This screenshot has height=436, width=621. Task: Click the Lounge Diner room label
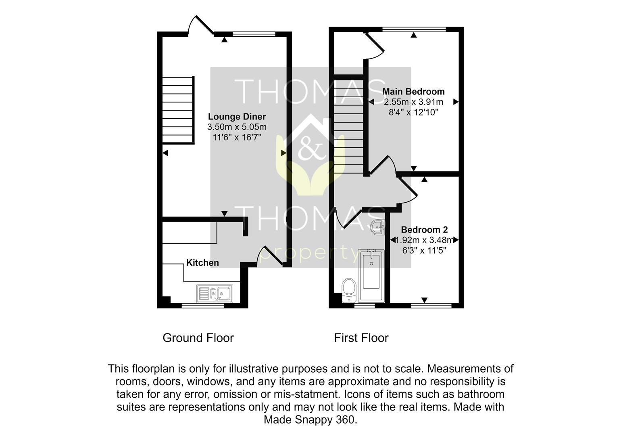(x=237, y=117)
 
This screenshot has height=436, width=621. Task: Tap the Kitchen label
(x=202, y=262)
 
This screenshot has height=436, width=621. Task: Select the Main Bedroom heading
(x=413, y=91)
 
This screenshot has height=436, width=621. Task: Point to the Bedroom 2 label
(x=424, y=230)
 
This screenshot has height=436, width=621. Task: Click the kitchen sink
(x=215, y=293)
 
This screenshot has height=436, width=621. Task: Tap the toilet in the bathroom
(x=349, y=291)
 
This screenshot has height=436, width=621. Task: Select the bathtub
(x=371, y=276)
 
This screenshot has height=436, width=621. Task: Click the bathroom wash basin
(x=378, y=228)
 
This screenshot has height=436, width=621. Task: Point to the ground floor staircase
(x=178, y=110)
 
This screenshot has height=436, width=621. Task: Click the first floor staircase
(x=348, y=126)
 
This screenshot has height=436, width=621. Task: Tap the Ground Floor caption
(x=198, y=338)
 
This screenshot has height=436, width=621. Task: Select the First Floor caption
(x=361, y=338)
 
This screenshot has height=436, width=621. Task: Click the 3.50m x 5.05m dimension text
(x=237, y=127)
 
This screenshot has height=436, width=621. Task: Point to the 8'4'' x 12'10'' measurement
(x=413, y=112)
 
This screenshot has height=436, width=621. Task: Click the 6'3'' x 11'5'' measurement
(x=424, y=250)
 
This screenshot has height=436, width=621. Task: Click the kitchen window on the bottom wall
(x=203, y=306)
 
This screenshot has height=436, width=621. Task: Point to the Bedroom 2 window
(x=431, y=306)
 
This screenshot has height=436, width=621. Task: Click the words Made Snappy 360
(x=310, y=419)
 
